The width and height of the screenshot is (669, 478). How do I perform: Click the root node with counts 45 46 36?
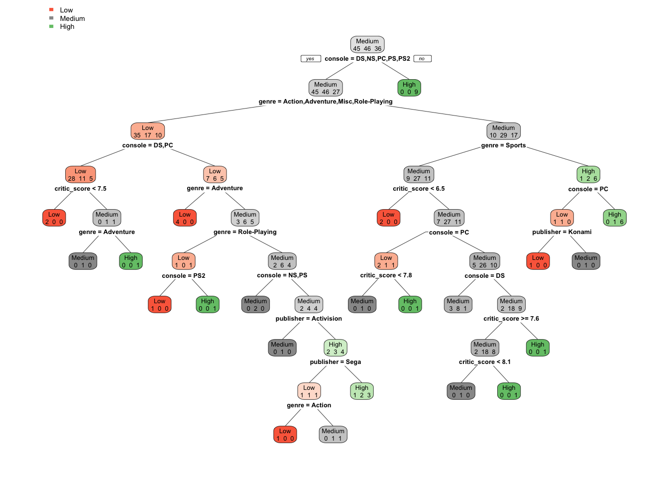(x=367, y=45)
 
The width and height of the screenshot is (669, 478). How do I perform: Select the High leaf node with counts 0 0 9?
(x=409, y=88)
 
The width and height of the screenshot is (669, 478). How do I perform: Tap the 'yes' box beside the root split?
(x=311, y=59)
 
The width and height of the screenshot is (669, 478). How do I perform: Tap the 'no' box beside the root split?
(x=422, y=59)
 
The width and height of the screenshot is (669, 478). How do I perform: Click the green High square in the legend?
(x=51, y=26)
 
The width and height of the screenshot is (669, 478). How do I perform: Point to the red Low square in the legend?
(x=51, y=10)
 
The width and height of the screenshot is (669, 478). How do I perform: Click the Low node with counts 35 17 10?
(x=148, y=131)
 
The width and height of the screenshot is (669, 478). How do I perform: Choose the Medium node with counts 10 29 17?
(x=503, y=131)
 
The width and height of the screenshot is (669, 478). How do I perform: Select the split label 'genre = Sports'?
(x=503, y=145)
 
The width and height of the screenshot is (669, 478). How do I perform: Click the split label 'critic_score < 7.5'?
(x=81, y=189)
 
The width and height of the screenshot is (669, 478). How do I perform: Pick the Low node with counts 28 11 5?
(x=81, y=175)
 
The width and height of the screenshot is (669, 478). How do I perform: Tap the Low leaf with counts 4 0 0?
(x=185, y=218)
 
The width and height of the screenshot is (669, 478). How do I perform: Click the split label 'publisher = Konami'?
(x=562, y=232)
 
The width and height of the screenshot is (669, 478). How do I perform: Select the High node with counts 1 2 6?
(x=588, y=175)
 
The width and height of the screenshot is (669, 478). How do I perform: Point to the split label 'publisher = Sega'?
(x=335, y=362)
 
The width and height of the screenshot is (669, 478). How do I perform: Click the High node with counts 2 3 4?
(x=335, y=348)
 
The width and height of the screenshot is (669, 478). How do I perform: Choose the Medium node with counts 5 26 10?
(x=485, y=261)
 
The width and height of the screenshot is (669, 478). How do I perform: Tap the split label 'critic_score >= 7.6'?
(x=511, y=319)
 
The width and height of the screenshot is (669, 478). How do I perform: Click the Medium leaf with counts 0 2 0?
(x=255, y=305)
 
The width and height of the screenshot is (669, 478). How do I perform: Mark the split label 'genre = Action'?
(x=309, y=405)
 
